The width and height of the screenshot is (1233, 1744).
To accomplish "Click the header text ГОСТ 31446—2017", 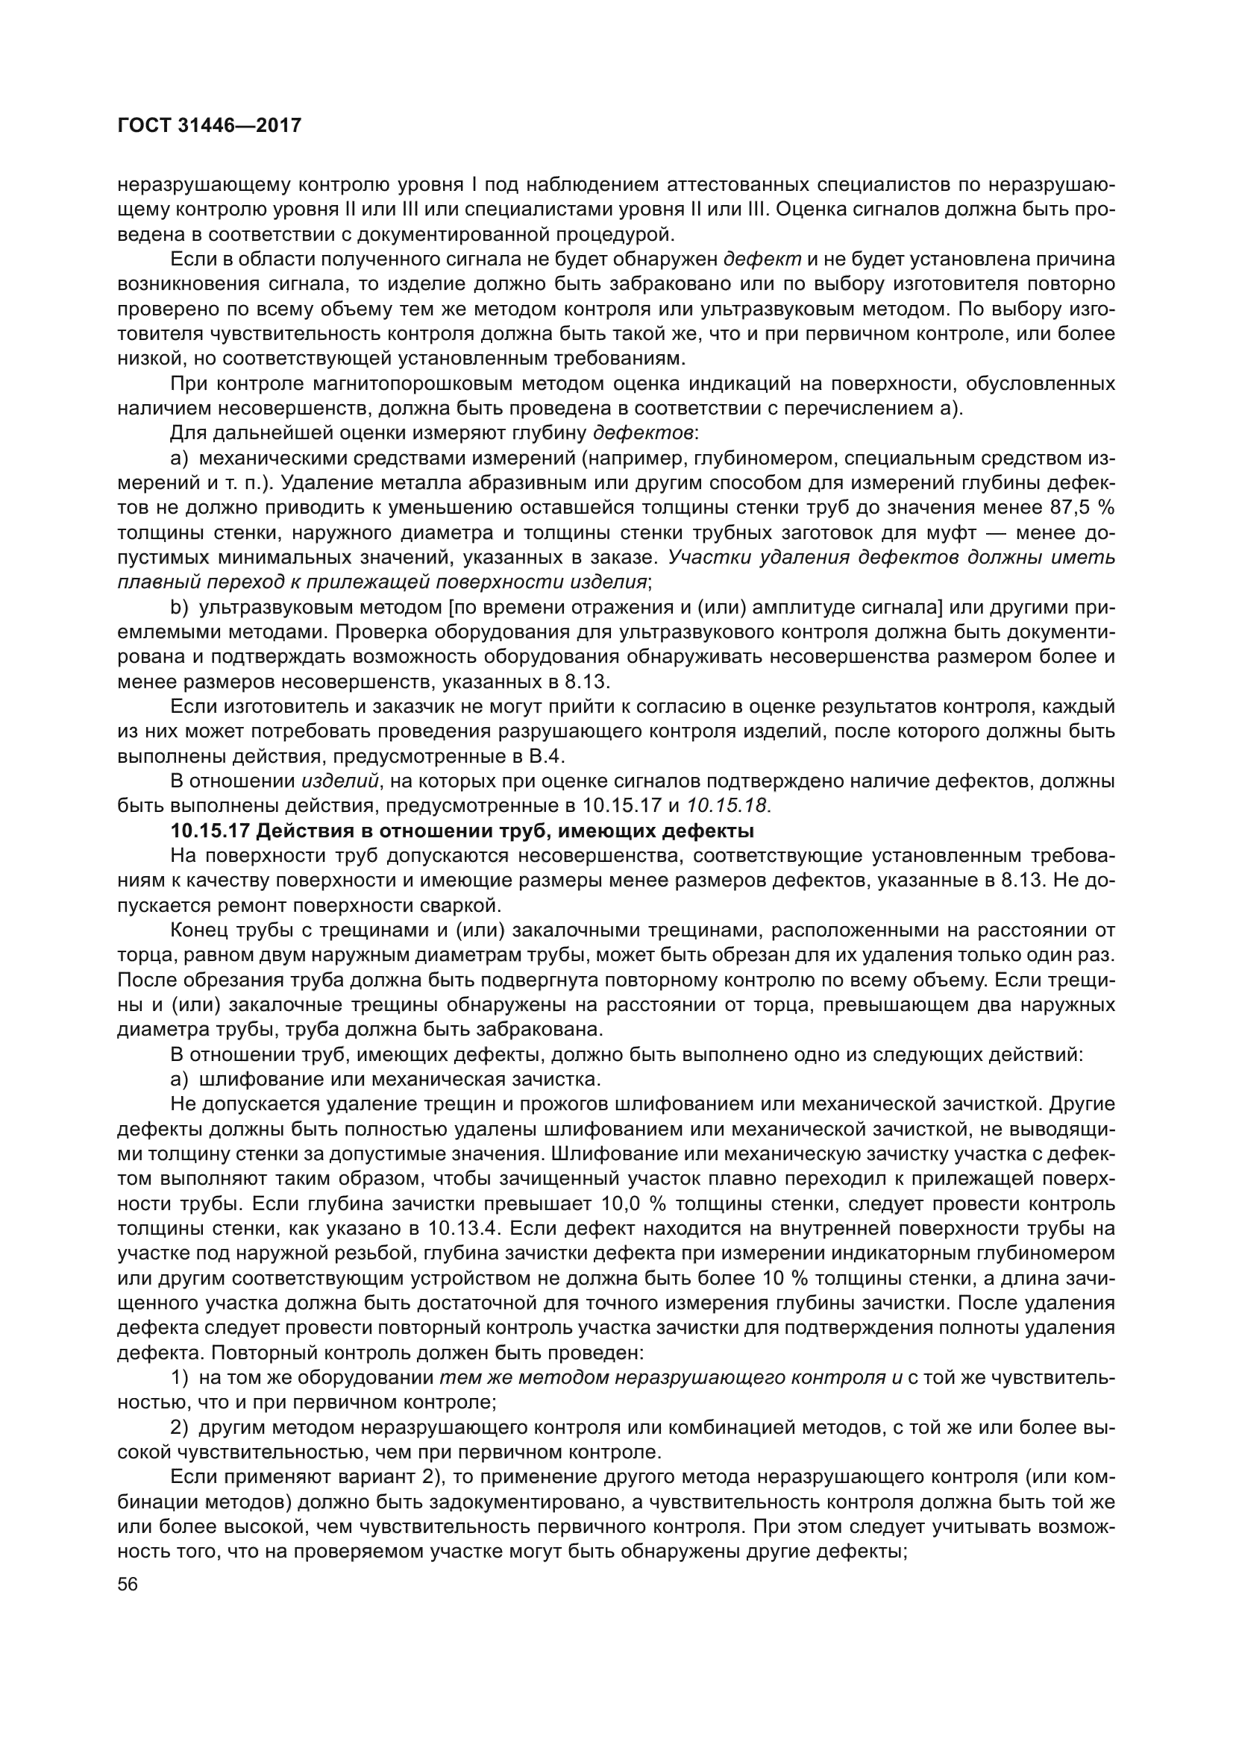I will coord(210,125).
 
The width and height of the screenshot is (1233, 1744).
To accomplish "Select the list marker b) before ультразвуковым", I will coord(179,608).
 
